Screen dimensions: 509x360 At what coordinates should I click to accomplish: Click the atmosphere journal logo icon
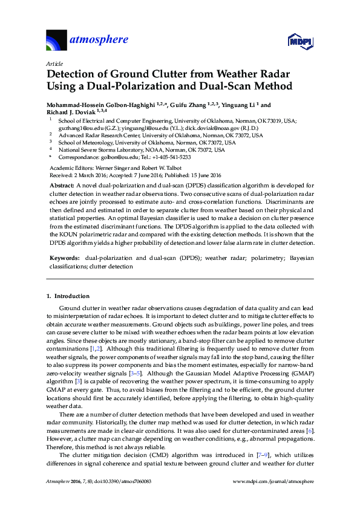tap(57, 41)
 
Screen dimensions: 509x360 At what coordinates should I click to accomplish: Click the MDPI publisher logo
tap(299, 42)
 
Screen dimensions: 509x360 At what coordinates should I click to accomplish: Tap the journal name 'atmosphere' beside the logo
tap(100, 40)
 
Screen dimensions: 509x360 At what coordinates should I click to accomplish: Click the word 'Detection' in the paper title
tap(71, 74)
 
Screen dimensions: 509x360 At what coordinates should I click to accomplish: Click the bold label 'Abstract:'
tap(61, 184)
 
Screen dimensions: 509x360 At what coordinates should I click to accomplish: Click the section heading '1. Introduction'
tap(68, 296)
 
